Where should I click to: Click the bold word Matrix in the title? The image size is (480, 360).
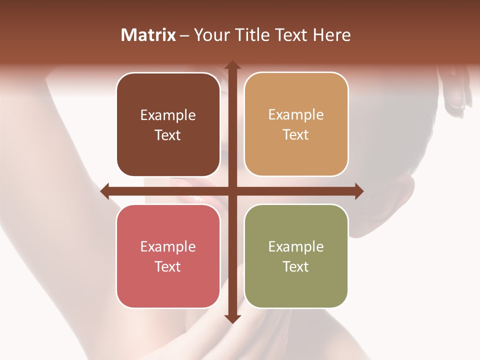[x=148, y=35]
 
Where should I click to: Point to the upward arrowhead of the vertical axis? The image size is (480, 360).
[x=232, y=65]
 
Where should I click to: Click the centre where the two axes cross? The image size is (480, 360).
[x=232, y=191]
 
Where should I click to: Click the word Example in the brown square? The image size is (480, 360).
[x=168, y=115]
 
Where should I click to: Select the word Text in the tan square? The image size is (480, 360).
[x=296, y=135]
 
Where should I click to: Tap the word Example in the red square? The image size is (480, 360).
[x=168, y=247]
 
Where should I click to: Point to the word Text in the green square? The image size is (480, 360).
[x=296, y=266]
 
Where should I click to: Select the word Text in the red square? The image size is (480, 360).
[x=168, y=266]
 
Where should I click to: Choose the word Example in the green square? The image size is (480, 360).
[x=296, y=247]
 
